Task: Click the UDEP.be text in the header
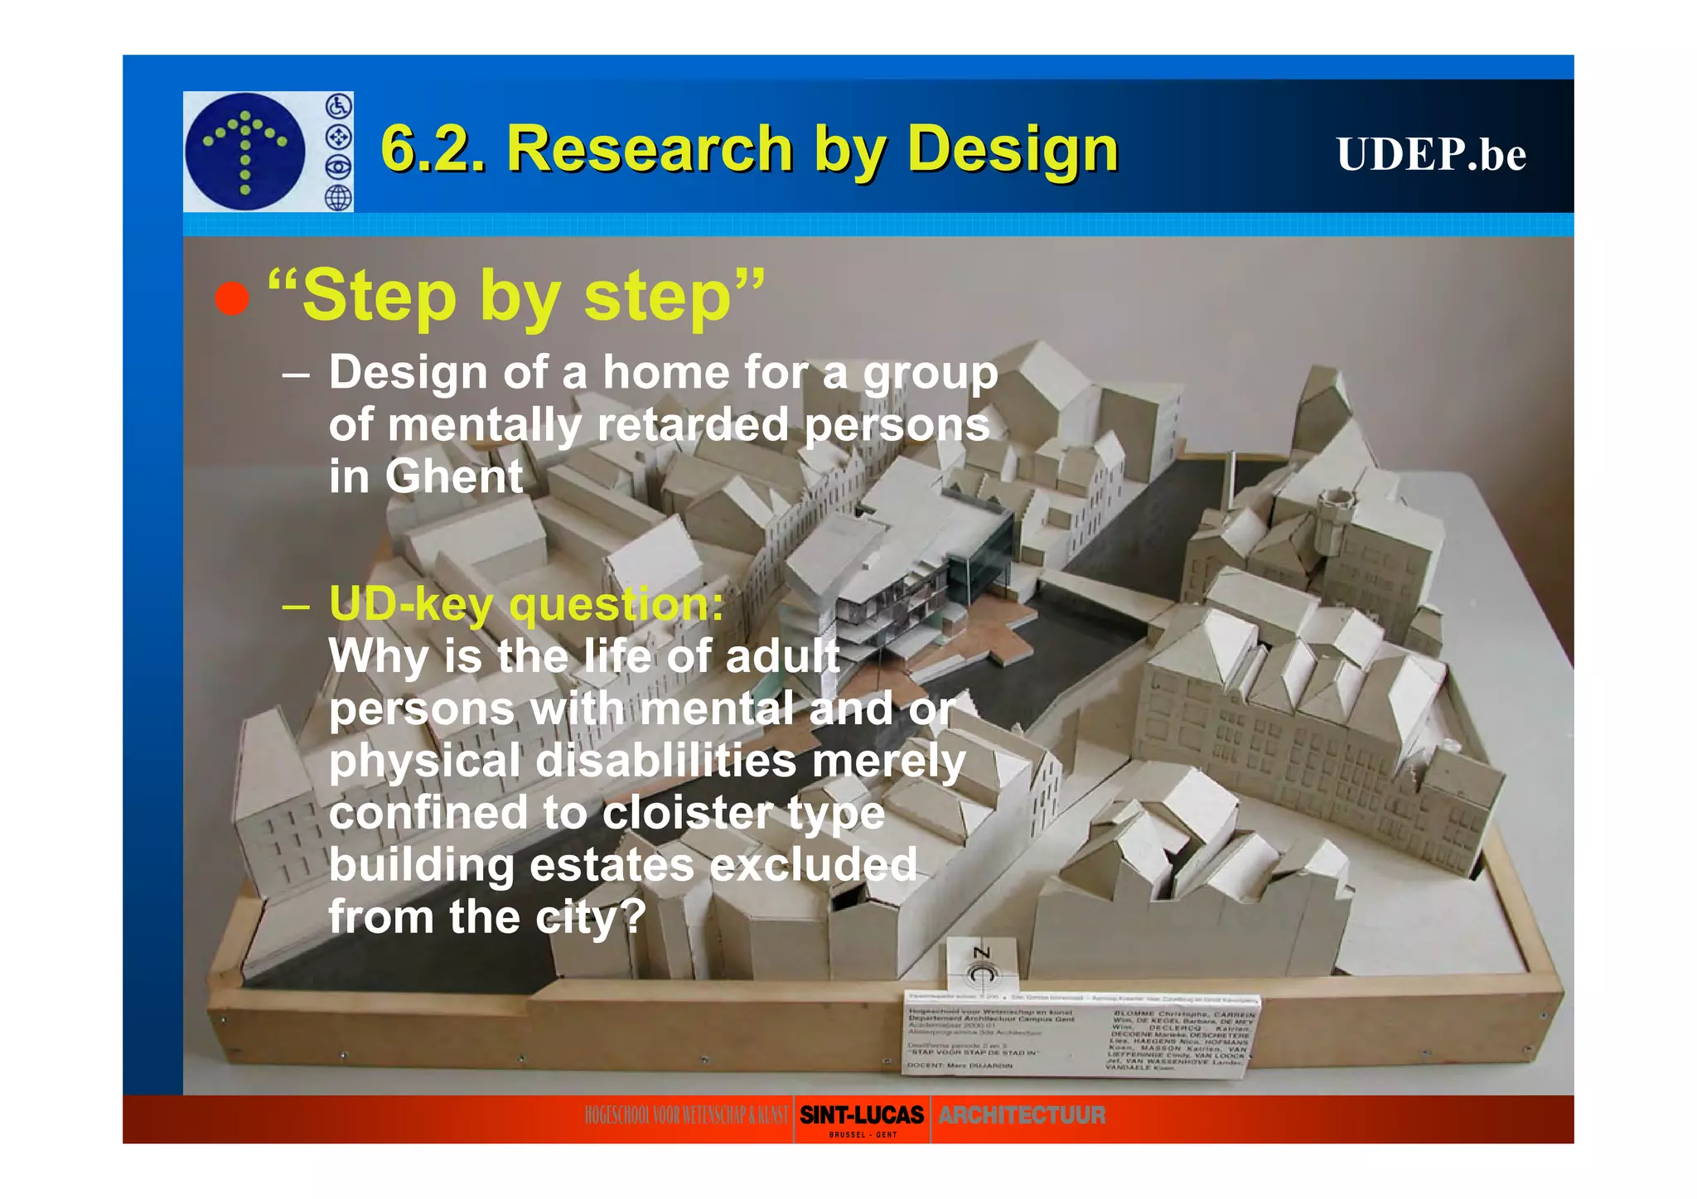click(x=1430, y=154)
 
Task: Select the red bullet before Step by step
click(x=232, y=298)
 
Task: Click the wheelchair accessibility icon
click(x=338, y=106)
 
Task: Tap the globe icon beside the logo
click(x=338, y=198)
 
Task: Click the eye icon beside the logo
click(x=338, y=167)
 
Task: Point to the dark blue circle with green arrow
click(x=245, y=151)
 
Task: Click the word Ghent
click(x=453, y=476)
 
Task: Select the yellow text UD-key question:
click(x=526, y=603)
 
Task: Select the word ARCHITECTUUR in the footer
click(x=1022, y=1115)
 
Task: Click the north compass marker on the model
click(x=982, y=965)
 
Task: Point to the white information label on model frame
click(x=1081, y=1035)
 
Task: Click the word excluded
click(x=814, y=865)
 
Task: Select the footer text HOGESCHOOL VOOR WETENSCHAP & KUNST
click(x=686, y=1115)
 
